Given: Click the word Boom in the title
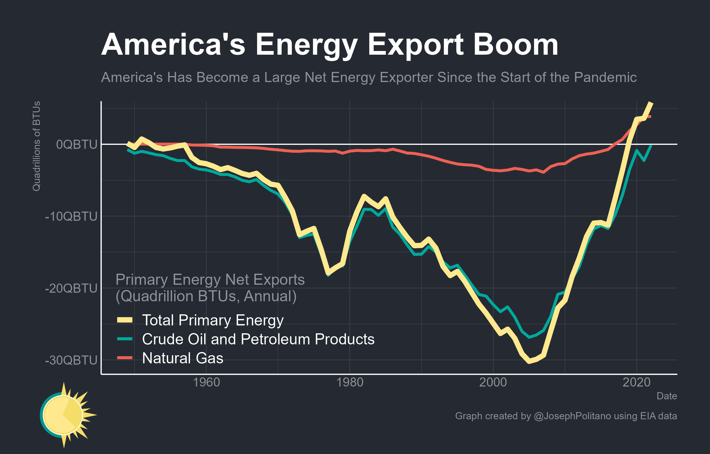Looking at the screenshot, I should [516, 45].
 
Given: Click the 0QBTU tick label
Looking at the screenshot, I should [76, 145].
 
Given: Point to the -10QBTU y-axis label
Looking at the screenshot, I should [71, 216].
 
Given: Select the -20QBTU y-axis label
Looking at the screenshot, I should [71, 288].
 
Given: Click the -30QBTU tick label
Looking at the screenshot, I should [71, 360].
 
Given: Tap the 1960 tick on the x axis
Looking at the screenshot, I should [206, 383].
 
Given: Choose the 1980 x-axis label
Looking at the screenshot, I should [350, 383].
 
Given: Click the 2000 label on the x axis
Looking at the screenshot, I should [493, 383].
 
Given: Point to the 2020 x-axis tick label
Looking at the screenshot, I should [636, 383].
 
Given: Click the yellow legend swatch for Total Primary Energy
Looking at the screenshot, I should [125, 320].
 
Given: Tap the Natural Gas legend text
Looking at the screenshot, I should [183, 358].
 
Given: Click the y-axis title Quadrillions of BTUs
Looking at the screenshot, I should [36, 146].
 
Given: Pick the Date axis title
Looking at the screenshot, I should [667, 396].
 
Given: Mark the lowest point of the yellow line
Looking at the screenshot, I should [530, 361].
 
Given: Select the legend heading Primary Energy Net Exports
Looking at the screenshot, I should [210, 280].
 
